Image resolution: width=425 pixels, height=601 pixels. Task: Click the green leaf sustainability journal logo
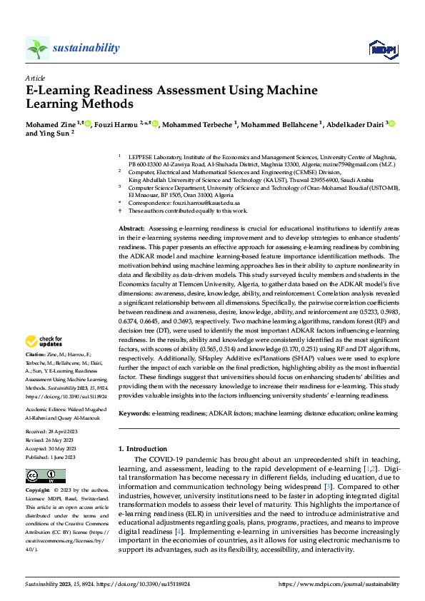point(38,49)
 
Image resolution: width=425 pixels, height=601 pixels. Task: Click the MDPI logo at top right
point(383,49)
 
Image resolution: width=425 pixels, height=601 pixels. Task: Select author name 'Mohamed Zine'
point(54,125)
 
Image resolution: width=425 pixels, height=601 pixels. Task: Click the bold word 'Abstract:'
point(132,226)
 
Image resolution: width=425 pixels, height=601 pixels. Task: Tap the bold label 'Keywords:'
point(134,413)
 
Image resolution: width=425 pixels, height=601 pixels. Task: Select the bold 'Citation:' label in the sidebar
point(36,354)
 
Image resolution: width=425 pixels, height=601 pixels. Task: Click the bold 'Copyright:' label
point(38,491)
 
